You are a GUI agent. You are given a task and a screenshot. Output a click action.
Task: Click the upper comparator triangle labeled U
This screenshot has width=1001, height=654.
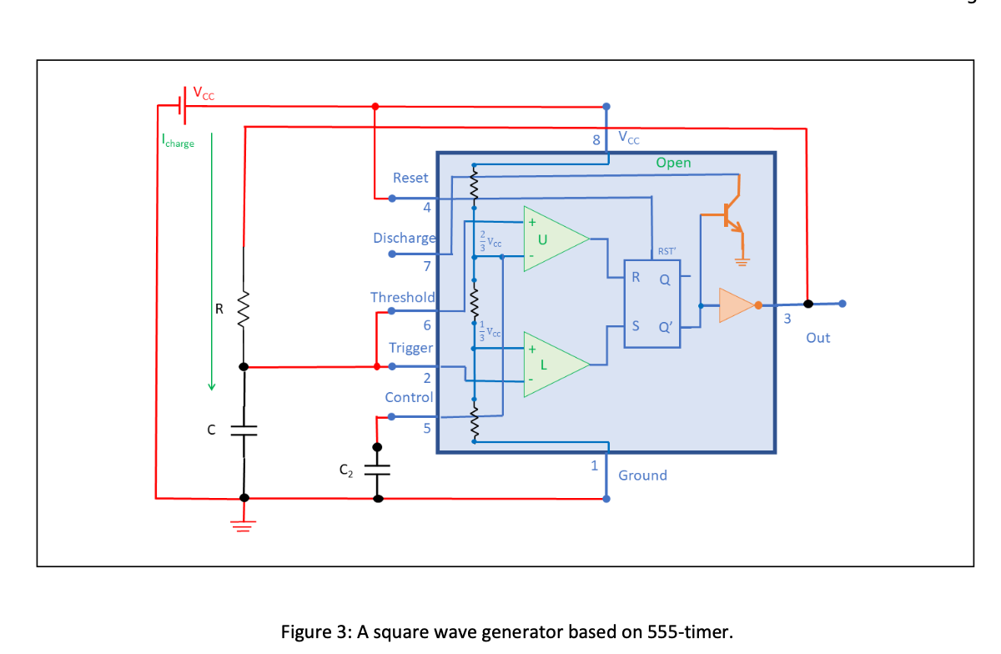(x=551, y=238)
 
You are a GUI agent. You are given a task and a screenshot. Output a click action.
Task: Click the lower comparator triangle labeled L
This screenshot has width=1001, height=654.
(x=551, y=365)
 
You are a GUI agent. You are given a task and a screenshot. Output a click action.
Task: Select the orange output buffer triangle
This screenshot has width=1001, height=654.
(x=736, y=305)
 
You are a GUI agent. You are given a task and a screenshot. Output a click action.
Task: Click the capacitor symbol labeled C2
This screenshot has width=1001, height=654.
(x=377, y=471)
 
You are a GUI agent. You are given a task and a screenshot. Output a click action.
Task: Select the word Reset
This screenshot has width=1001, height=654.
(x=410, y=178)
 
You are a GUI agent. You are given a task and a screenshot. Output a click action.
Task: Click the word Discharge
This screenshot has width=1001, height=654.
(x=405, y=238)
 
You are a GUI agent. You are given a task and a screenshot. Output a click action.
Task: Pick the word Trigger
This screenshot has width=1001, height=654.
(x=410, y=347)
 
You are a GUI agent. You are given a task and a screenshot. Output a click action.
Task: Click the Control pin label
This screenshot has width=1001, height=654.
(x=409, y=397)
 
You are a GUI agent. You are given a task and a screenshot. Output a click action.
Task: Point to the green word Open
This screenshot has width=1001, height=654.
(x=673, y=163)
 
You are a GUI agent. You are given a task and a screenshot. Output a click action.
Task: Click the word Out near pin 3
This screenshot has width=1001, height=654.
(x=817, y=338)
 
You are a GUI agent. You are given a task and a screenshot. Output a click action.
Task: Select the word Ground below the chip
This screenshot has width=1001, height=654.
(x=642, y=475)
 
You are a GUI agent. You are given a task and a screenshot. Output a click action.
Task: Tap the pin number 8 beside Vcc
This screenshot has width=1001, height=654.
(x=596, y=140)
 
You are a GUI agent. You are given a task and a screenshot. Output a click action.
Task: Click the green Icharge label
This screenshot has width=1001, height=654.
(x=178, y=143)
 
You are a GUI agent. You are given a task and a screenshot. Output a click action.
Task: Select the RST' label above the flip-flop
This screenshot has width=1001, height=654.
(x=666, y=251)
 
